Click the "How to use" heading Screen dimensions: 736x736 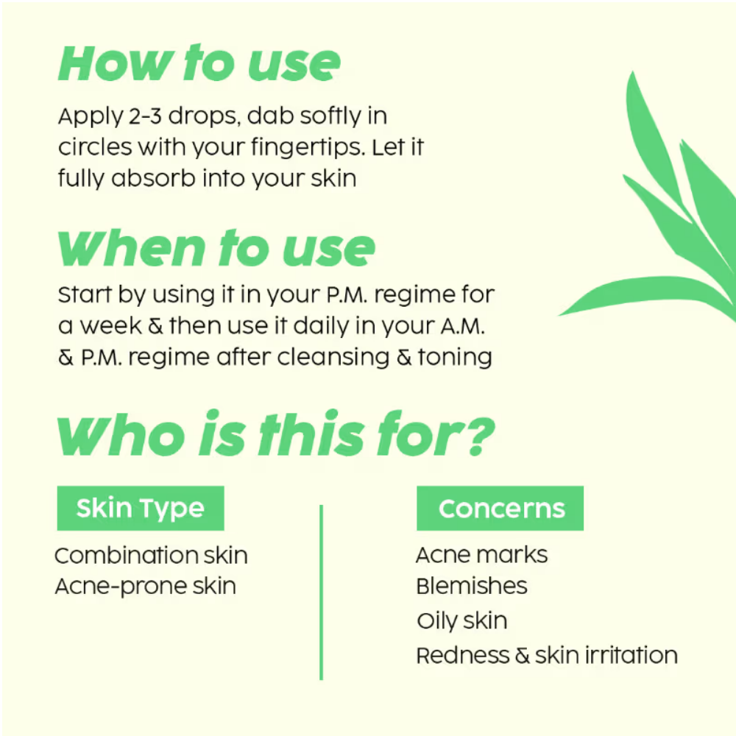(x=199, y=63)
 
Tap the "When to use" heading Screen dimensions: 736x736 (x=216, y=248)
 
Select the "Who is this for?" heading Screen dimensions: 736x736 (x=275, y=434)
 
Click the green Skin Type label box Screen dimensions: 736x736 (x=141, y=509)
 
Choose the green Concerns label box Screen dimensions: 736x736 (x=500, y=509)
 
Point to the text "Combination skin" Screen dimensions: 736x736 (x=151, y=556)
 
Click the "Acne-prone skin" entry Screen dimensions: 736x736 (x=146, y=587)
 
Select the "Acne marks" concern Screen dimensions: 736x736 (x=481, y=555)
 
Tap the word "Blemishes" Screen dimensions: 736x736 (x=472, y=586)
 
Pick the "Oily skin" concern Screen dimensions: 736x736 (x=462, y=621)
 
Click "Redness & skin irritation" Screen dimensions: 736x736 (x=547, y=655)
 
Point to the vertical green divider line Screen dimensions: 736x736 (x=321, y=592)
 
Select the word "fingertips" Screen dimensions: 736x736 (x=308, y=148)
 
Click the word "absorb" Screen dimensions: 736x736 (x=153, y=178)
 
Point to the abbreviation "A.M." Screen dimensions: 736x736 (x=462, y=326)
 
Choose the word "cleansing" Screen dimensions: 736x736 (x=333, y=357)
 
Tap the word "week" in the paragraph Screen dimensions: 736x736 (x=110, y=325)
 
